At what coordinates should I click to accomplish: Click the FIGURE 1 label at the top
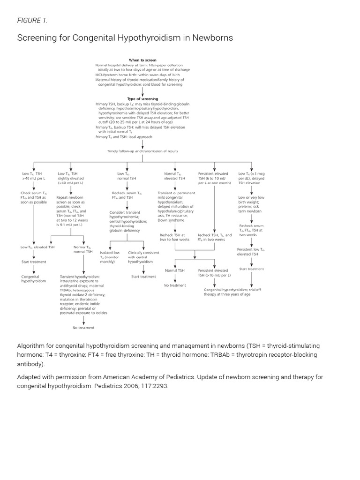click(32, 20)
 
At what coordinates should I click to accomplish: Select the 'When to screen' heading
click(143, 60)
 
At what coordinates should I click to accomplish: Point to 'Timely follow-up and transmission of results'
click(142, 151)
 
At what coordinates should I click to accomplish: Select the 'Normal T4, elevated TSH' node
click(174, 176)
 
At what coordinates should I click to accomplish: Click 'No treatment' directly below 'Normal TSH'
click(174, 285)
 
